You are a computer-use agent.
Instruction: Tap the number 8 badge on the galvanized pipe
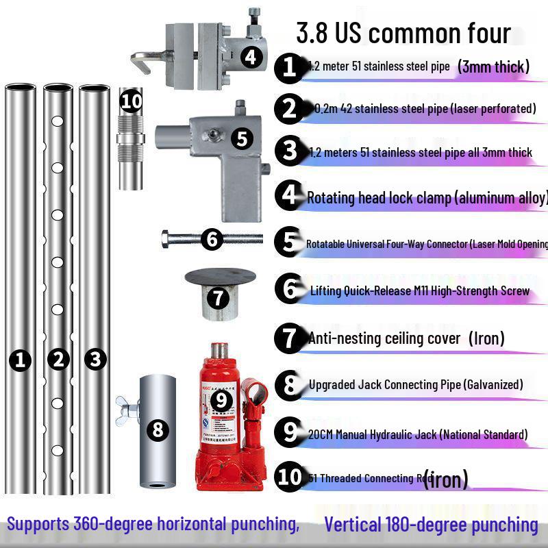pyautogui.click(x=158, y=430)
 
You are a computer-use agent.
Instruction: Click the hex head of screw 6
pyautogui.click(x=169, y=239)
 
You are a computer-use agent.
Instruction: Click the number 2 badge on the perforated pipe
pyautogui.click(x=59, y=359)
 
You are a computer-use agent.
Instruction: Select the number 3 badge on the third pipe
pyautogui.click(x=95, y=358)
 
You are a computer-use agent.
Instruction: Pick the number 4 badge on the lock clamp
pyautogui.click(x=251, y=56)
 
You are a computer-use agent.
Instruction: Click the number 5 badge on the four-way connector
pyautogui.click(x=242, y=138)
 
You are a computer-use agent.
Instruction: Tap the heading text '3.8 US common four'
pyautogui.click(x=403, y=33)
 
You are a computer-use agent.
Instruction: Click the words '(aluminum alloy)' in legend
pyautogui.click(x=500, y=198)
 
